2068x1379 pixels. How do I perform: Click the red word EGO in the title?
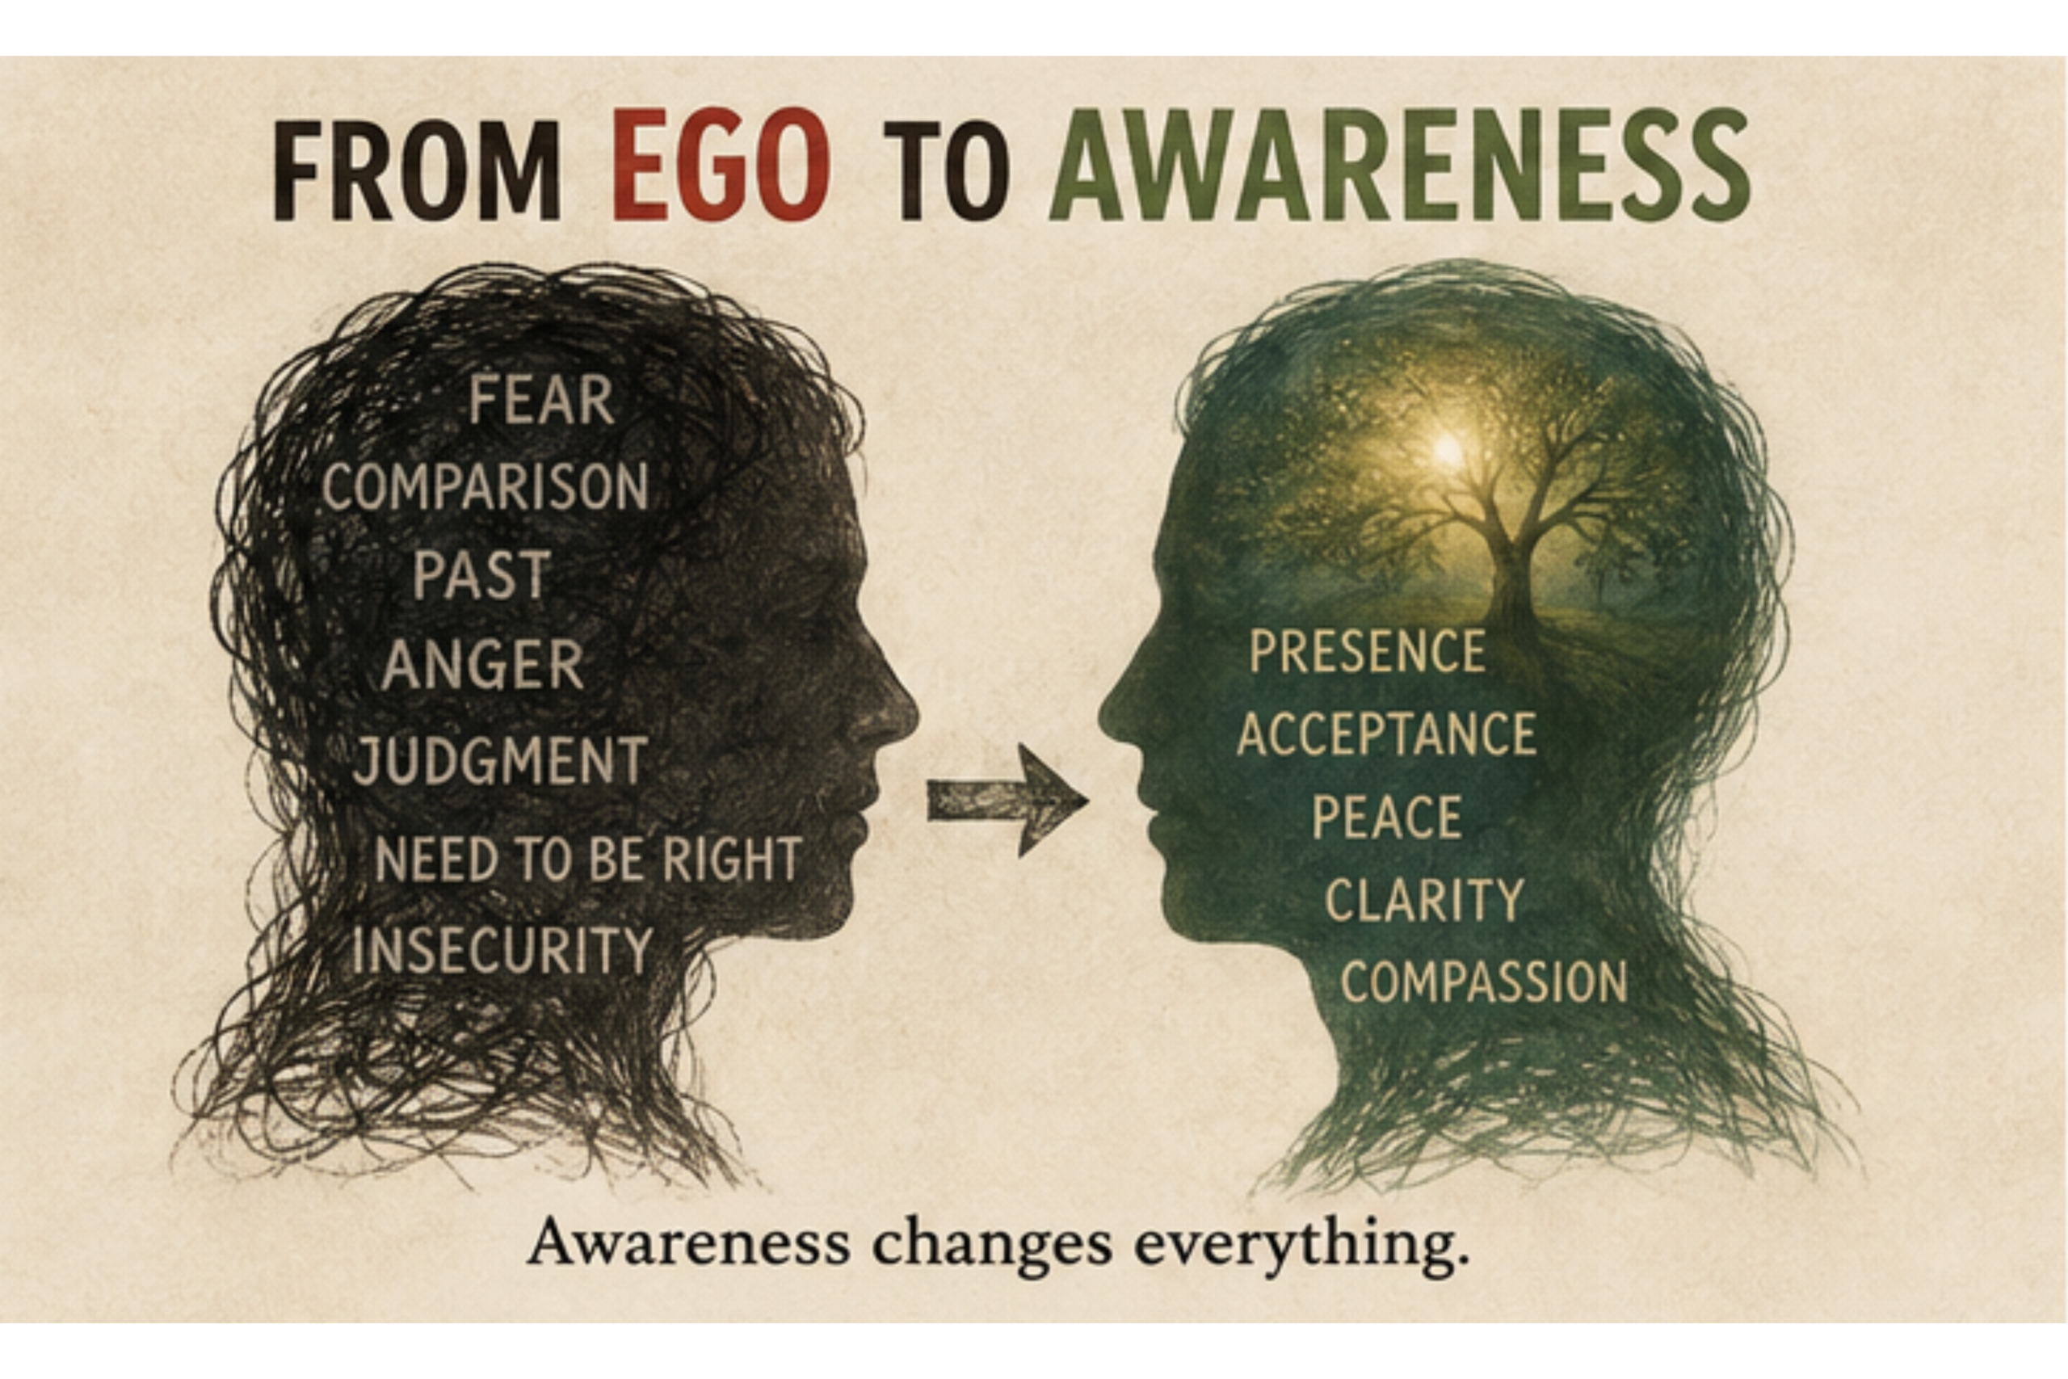pos(720,165)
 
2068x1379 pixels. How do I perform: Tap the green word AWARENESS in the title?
pos(1400,166)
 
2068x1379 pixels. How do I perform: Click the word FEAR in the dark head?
pos(540,400)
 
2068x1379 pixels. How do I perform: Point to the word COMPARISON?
pos(485,486)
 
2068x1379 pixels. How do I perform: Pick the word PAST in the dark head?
pos(481,574)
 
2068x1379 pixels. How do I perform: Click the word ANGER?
pos(481,664)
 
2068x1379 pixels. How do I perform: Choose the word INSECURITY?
pos(501,950)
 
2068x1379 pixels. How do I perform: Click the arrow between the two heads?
pos(1007,801)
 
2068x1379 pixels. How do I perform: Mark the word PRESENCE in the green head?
pos(1368,651)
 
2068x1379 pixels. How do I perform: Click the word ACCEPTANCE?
pos(1386,733)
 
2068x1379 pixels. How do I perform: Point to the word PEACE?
pos(1386,816)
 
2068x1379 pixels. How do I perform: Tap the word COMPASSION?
pos(1484,981)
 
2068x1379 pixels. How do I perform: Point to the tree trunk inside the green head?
pos(1514,572)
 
